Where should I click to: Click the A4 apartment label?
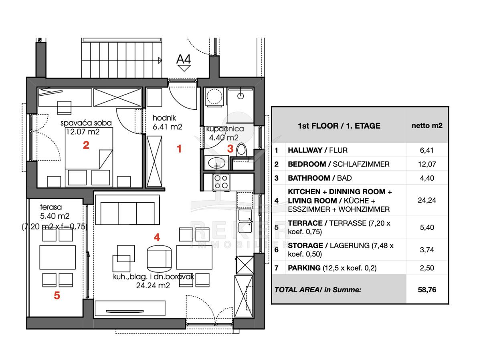tap(184, 59)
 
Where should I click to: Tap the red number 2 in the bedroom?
tap(86, 145)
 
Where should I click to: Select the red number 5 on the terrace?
tap(57, 296)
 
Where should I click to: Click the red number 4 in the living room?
tap(157, 237)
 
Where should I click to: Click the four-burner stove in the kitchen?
tap(221, 182)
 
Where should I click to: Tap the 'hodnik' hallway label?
tap(164, 118)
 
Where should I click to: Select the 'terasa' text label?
tap(51, 207)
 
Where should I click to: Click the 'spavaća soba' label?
tap(86, 123)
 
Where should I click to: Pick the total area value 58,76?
tap(427, 290)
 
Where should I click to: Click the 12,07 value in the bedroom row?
tap(427, 164)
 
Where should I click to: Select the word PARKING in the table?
tap(304, 268)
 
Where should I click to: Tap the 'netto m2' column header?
tap(427, 126)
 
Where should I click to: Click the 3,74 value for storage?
tap(427, 250)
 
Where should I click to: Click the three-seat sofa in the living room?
tap(127, 210)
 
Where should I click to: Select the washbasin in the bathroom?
tap(216, 163)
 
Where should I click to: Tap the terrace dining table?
tap(57, 257)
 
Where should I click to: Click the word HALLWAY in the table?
tap(305, 150)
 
